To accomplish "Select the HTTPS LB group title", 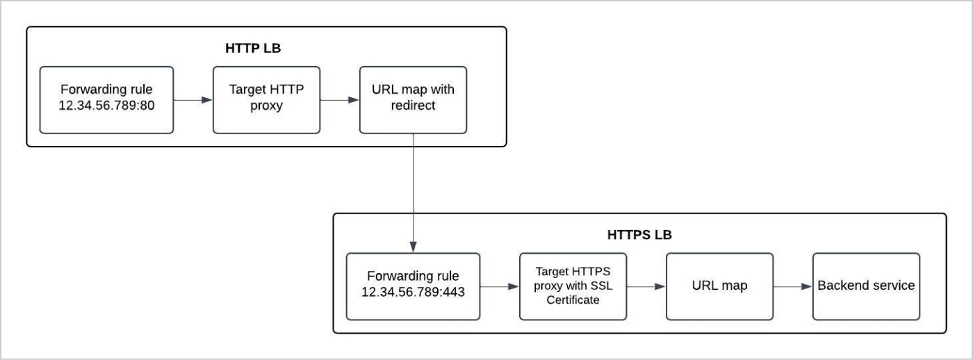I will pyautogui.click(x=639, y=235).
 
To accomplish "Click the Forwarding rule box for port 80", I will pyautogui.click(x=106, y=99).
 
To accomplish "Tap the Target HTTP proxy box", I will pyautogui.click(x=266, y=99).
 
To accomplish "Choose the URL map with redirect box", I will pyautogui.click(x=413, y=99).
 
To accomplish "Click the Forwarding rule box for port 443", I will pyautogui.click(x=413, y=286).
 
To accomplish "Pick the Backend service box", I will pyautogui.click(x=866, y=286).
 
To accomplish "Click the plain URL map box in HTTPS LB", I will pyautogui.click(x=719, y=286).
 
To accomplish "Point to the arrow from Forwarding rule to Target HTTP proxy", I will pyautogui.click(x=192, y=100).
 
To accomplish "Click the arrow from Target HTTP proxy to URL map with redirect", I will pyautogui.click(x=339, y=100).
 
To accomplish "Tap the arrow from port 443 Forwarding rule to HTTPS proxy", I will pyautogui.click(x=499, y=286).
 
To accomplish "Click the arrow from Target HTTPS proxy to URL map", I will pyautogui.click(x=645, y=286).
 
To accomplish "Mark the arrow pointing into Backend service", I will pyautogui.click(x=792, y=286).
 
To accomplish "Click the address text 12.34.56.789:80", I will pyautogui.click(x=106, y=106).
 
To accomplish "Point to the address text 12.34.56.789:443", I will pyautogui.click(x=413, y=293).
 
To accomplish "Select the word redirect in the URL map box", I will pyautogui.click(x=413, y=106).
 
